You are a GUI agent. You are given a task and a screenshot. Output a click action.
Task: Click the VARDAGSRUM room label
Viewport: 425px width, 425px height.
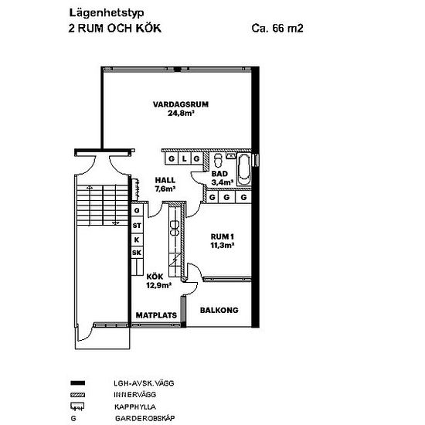(x=181, y=104)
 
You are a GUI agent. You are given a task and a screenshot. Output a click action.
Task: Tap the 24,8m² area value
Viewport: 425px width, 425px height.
(x=182, y=113)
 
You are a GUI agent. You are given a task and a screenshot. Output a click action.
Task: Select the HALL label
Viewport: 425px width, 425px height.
(x=165, y=180)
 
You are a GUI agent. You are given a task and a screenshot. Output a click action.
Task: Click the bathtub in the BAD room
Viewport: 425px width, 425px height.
(x=244, y=170)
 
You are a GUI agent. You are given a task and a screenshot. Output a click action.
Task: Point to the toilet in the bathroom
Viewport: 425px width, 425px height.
(x=218, y=160)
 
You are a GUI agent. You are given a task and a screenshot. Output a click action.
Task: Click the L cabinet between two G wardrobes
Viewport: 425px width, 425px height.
(x=185, y=158)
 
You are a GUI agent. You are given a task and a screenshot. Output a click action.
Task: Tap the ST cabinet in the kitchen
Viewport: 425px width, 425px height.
(x=137, y=226)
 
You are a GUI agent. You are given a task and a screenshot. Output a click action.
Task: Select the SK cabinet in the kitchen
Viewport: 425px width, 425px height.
(x=137, y=253)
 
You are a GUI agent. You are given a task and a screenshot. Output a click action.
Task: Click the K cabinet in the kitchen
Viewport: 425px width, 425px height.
(x=137, y=240)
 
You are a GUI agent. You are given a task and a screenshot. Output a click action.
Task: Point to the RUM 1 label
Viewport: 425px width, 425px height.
(x=223, y=236)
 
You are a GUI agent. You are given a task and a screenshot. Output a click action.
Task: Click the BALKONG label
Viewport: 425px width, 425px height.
(x=219, y=310)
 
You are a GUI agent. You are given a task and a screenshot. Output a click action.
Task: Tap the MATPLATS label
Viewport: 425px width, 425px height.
(x=156, y=315)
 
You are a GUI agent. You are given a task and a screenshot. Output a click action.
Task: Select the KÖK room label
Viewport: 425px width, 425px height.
(x=155, y=277)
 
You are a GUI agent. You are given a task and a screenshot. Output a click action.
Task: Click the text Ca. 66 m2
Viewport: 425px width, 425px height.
(x=277, y=28)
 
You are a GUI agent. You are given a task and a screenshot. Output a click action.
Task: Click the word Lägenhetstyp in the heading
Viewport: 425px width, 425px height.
(x=107, y=13)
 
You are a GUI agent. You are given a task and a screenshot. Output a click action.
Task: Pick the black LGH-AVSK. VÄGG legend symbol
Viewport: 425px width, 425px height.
(x=78, y=383)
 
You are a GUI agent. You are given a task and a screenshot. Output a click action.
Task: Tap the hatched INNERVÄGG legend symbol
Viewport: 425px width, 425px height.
(x=78, y=395)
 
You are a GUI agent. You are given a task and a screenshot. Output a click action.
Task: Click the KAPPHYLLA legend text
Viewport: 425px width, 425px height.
(x=135, y=406)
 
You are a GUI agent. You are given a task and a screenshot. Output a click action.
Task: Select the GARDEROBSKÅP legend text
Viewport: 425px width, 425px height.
(x=145, y=418)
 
